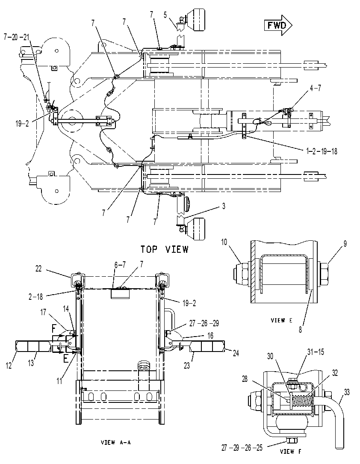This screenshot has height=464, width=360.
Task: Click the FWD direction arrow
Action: point(278,25)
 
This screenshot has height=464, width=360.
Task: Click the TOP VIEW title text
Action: point(165,249)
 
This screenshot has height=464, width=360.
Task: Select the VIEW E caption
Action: point(282,320)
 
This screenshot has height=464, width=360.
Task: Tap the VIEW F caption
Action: point(291,451)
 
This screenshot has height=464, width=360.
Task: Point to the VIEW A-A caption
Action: point(116,443)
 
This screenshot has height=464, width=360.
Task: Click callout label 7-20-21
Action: point(16,37)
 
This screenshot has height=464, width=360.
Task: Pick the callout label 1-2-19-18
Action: point(322,151)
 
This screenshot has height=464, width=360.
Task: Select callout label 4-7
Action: point(316,88)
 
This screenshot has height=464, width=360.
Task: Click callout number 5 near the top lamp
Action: point(165,15)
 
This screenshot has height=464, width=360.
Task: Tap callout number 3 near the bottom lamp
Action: point(224,206)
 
